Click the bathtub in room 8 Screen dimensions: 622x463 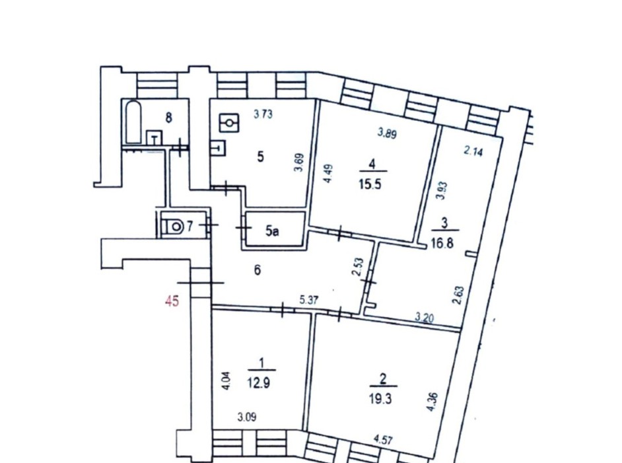[x=133, y=122]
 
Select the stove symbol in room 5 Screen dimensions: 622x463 [x=229, y=123]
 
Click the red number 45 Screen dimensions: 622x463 [x=172, y=302]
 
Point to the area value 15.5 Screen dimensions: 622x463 [x=371, y=184]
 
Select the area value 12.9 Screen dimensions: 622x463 [x=259, y=383]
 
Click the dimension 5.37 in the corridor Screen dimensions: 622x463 [x=308, y=301]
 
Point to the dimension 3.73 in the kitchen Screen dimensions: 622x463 [x=263, y=114]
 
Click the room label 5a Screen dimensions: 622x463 [x=272, y=231]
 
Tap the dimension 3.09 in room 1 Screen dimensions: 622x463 [x=247, y=417]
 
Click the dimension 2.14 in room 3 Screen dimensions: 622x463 [x=473, y=151]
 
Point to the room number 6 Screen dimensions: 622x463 [x=258, y=271]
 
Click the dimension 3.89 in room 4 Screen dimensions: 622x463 [x=387, y=133]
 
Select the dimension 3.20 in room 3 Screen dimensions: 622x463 [x=425, y=318]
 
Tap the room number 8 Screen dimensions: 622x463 [x=168, y=118]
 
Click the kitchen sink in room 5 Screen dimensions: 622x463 [x=219, y=148]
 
